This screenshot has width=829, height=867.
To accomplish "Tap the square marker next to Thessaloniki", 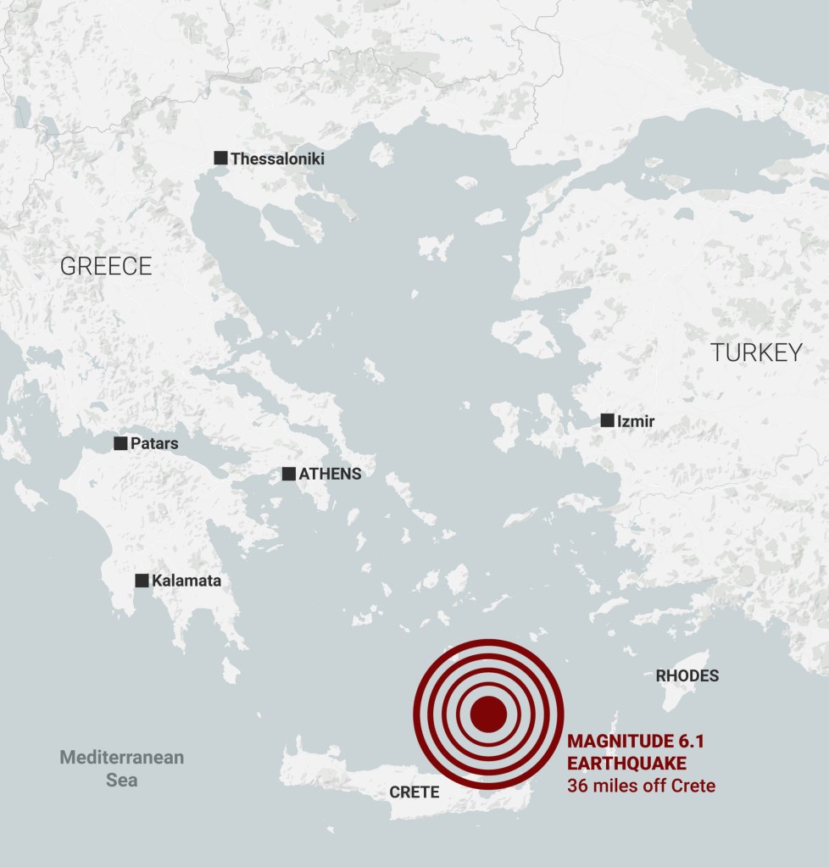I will [x=220, y=158].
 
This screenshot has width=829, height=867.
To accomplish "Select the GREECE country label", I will [x=106, y=266].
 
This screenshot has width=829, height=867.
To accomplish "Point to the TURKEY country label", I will [x=756, y=353].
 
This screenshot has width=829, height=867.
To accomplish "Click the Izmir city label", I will [x=636, y=420].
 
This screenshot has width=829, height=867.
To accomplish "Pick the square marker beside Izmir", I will [x=607, y=420].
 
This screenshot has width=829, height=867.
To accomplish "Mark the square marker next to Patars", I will [x=120, y=443].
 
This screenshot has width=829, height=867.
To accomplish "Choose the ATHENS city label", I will [x=330, y=474].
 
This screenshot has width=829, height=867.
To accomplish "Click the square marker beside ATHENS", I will [x=289, y=474].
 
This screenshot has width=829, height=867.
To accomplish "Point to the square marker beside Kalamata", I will [x=142, y=581].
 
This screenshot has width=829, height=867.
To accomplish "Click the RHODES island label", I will [x=687, y=675].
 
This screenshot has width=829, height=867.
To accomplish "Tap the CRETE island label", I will [x=414, y=792].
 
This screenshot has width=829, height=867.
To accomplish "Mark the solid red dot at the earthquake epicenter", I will [x=488, y=714].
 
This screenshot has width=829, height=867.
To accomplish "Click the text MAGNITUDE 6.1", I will [x=636, y=742].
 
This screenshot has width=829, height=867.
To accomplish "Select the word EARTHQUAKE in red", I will [x=627, y=764].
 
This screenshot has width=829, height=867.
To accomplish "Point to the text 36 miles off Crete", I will [x=641, y=786].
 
